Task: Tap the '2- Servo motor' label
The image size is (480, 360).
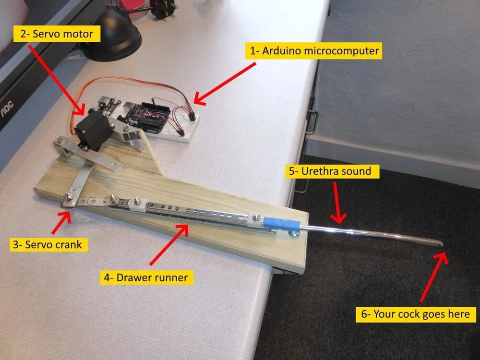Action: [57, 34]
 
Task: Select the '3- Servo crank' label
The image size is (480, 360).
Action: [47, 244]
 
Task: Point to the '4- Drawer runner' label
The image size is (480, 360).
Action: [146, 277]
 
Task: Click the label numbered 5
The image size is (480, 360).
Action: [333, 171]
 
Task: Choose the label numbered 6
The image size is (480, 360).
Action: [416, 314]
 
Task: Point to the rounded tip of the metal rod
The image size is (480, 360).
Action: [439, 243]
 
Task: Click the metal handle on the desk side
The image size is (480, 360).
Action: [312, 122]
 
